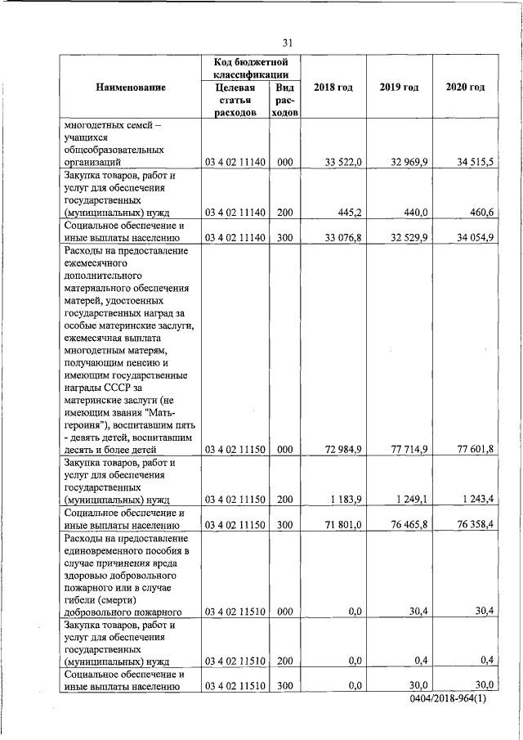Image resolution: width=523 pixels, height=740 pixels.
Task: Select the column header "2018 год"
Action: pos(333,87)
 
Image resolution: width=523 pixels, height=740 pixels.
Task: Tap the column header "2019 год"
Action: pos(399,87)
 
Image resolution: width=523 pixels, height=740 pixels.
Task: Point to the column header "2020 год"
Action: pos(465,87)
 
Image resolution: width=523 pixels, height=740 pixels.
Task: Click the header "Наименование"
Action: pos(130,87)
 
